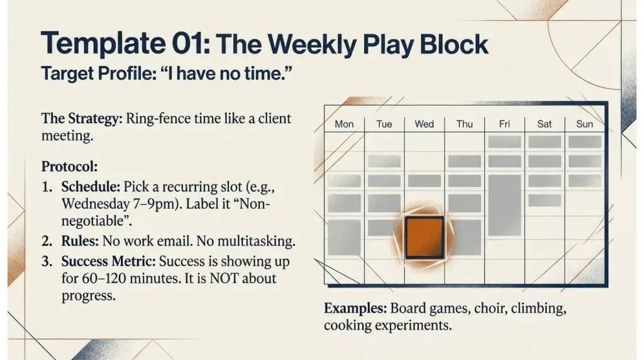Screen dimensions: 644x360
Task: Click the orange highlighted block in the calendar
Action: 425,237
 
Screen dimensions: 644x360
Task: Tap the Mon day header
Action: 344,124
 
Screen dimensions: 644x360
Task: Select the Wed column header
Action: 425,124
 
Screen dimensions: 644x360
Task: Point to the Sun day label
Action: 584,124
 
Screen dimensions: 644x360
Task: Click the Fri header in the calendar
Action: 504,124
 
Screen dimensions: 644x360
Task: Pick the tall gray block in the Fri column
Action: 505,205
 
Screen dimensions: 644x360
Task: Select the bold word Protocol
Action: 69,167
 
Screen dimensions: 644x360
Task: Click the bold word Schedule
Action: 91,187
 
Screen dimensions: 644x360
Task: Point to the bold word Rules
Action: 80,241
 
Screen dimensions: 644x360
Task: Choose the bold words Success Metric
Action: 108,261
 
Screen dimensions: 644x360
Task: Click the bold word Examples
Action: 355,308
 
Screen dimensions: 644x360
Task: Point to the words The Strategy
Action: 82,119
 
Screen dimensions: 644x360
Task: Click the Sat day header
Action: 544,124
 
